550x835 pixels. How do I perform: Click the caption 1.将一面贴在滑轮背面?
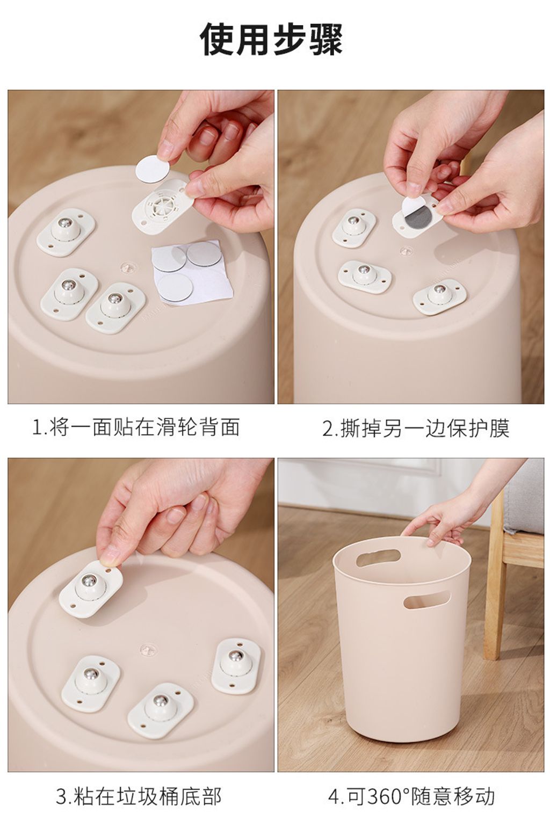(x=136, y=427)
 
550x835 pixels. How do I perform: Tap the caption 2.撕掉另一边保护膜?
(x=415, y=429)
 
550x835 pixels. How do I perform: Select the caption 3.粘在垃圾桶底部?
(x=139, y=796)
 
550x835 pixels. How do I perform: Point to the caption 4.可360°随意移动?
(x=411, y=796)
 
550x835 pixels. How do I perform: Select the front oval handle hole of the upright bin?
(x=426, y=600)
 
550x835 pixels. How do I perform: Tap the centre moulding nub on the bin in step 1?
(x=127, y=265)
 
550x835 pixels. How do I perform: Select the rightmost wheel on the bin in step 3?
(x=236, y=662)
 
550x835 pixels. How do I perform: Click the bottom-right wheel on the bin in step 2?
(x=439, y=295)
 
